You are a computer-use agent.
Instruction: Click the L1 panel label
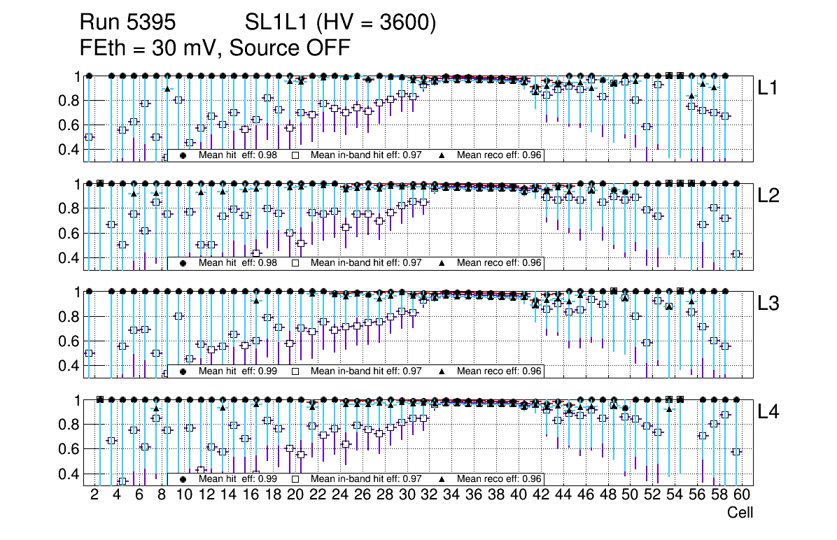click(768, 88)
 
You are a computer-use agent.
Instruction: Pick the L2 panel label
click(768, 197)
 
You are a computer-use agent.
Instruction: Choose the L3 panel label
click(768, 304)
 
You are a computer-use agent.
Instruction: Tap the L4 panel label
click(768, 413)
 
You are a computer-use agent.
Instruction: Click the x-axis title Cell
click(740, 513)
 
